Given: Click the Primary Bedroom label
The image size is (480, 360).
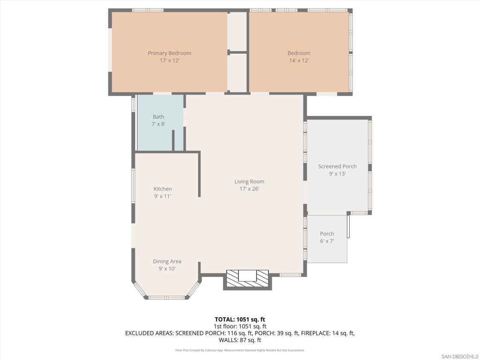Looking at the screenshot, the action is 170,53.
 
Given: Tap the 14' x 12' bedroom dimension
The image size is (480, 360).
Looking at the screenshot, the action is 299,60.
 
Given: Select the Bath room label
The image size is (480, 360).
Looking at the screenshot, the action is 158,117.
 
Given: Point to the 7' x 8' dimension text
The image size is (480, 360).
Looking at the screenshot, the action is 158,124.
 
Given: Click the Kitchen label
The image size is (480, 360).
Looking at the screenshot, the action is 163,189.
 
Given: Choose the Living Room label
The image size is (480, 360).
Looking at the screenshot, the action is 249,181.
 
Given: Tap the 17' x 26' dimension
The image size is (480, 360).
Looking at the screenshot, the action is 249,189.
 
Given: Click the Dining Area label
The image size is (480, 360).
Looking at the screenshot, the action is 167,261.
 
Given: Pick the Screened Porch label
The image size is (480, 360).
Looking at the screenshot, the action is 337,166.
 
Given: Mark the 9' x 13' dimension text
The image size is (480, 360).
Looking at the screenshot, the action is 337,173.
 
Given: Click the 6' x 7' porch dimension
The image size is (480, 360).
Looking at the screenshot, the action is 327,241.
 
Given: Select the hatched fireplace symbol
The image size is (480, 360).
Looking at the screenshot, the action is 247,278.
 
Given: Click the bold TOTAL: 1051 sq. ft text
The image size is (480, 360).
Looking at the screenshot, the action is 240,320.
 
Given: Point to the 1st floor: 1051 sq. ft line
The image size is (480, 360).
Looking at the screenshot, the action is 240,326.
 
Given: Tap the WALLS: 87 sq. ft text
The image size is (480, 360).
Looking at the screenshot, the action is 240,340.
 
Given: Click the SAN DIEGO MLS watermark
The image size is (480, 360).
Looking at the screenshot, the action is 460,356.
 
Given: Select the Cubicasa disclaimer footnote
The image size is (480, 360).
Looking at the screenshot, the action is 240,350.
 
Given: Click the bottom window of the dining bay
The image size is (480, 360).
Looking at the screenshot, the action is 167,298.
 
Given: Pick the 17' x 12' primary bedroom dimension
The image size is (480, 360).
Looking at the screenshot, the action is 170,60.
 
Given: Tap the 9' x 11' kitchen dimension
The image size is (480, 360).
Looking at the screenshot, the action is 163,196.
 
